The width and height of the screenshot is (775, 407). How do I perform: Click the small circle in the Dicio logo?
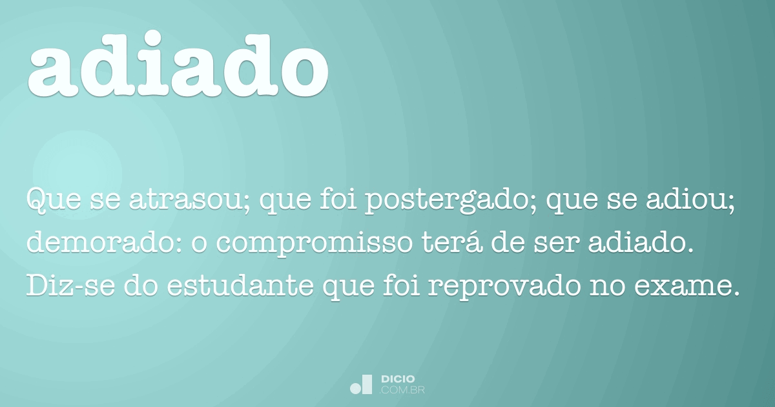[355, 388]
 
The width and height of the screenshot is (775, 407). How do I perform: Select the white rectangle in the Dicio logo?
[367, 384]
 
